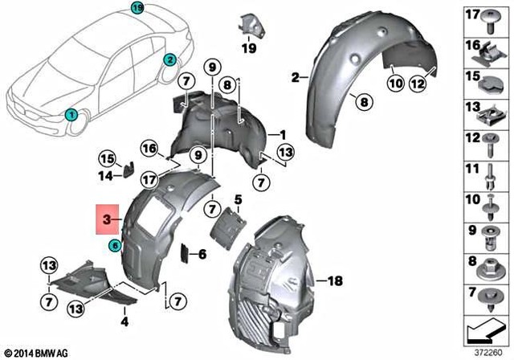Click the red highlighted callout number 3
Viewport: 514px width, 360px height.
coord(107,218)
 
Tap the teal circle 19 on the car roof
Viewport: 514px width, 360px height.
coord(137,8)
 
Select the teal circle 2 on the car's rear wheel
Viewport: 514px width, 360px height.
coord(170,60)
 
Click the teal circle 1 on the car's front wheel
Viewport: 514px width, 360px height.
coord(71,115)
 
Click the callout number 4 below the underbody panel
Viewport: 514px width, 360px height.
coord(124,321)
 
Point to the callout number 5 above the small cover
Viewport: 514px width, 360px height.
coord(238,198)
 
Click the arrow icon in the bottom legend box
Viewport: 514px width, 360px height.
coord(485,328)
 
